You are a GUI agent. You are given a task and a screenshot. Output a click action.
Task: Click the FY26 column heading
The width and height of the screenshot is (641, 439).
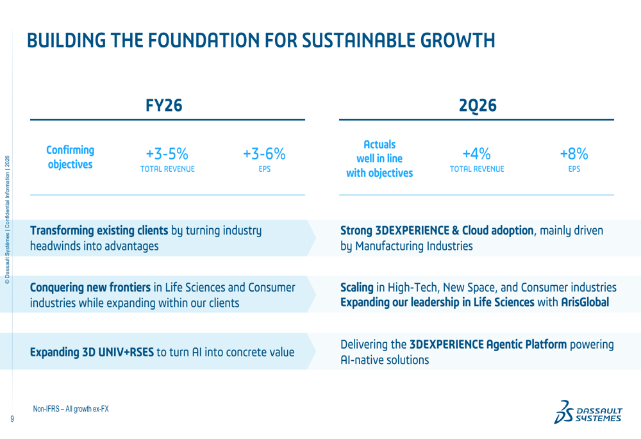[164, 106]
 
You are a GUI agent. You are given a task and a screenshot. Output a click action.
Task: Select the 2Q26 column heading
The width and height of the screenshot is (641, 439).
[478, 106]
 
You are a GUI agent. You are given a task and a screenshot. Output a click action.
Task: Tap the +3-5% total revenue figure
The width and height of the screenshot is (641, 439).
[167, 154]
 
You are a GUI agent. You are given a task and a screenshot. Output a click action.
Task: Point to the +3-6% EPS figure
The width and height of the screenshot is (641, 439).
[264, 154]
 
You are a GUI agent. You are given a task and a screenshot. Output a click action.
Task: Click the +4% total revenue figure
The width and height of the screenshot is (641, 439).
[477, 154]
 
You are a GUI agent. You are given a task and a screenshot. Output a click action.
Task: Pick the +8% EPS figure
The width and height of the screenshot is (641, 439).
[574, 154]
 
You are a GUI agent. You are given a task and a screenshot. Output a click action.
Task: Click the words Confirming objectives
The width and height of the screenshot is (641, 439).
[71, 158]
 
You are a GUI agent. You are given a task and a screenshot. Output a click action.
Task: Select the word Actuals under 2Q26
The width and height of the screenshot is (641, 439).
[379, 144]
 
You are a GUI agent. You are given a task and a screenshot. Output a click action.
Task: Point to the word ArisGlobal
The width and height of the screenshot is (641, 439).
[585, 302]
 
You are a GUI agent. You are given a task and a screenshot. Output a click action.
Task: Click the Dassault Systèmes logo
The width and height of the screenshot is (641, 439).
[588, 412]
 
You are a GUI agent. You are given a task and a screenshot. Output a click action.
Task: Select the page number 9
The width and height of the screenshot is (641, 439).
[12, 418]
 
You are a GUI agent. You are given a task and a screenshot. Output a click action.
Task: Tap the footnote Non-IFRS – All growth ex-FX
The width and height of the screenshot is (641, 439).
[71, 409]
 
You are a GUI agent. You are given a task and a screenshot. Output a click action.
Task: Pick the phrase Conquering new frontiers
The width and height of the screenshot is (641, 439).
[90, 287]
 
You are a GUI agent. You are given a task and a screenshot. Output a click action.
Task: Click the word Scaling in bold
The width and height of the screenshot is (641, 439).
[357, 288]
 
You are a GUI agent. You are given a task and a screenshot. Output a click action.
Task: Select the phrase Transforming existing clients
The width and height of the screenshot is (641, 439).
[99, 231]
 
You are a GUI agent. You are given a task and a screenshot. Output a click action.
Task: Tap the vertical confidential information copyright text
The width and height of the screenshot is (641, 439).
[7, 219]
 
